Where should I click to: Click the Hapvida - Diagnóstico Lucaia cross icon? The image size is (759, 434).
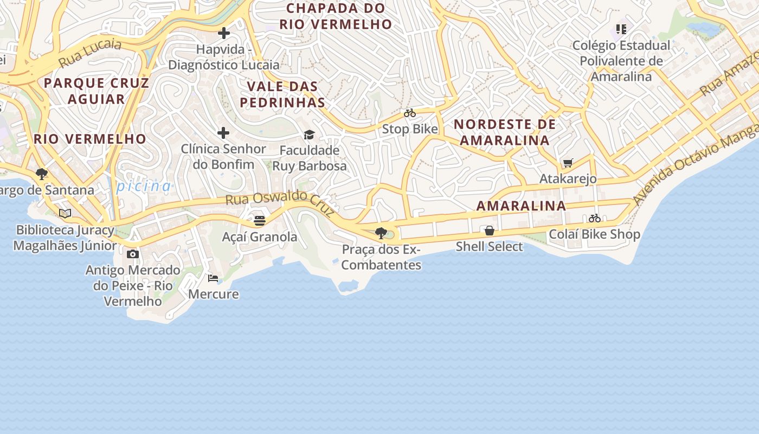tap(223, 34)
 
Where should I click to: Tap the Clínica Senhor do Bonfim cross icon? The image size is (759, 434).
tap(223, 133)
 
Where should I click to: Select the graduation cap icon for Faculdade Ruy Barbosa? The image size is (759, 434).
tap(309, 135)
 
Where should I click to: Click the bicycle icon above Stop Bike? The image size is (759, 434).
tap(410, 113)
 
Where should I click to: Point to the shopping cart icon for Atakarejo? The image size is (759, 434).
tap(568, 163)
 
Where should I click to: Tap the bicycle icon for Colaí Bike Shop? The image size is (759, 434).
tap(595, 218)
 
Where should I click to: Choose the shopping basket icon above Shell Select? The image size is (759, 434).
tap(490, 231)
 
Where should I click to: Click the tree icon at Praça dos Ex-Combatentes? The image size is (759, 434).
tap(381, 233)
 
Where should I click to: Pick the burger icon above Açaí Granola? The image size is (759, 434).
tap(260, 221)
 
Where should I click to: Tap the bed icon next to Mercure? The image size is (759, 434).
tap(213, 278)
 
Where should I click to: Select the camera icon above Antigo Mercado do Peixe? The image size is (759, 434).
tap(133, 254)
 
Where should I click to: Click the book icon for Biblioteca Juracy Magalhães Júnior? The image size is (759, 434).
tap(65, 213)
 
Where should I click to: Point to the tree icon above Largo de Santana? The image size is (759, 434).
tap(42, 174)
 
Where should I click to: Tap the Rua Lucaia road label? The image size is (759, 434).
tap(90, 53)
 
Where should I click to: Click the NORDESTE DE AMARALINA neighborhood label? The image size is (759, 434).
tap(504, 132)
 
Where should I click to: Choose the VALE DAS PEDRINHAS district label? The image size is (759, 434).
tap(282, 94)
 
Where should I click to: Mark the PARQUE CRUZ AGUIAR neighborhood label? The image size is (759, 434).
tap(96, 91)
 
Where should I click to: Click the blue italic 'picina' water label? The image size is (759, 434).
tap(144, 186)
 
